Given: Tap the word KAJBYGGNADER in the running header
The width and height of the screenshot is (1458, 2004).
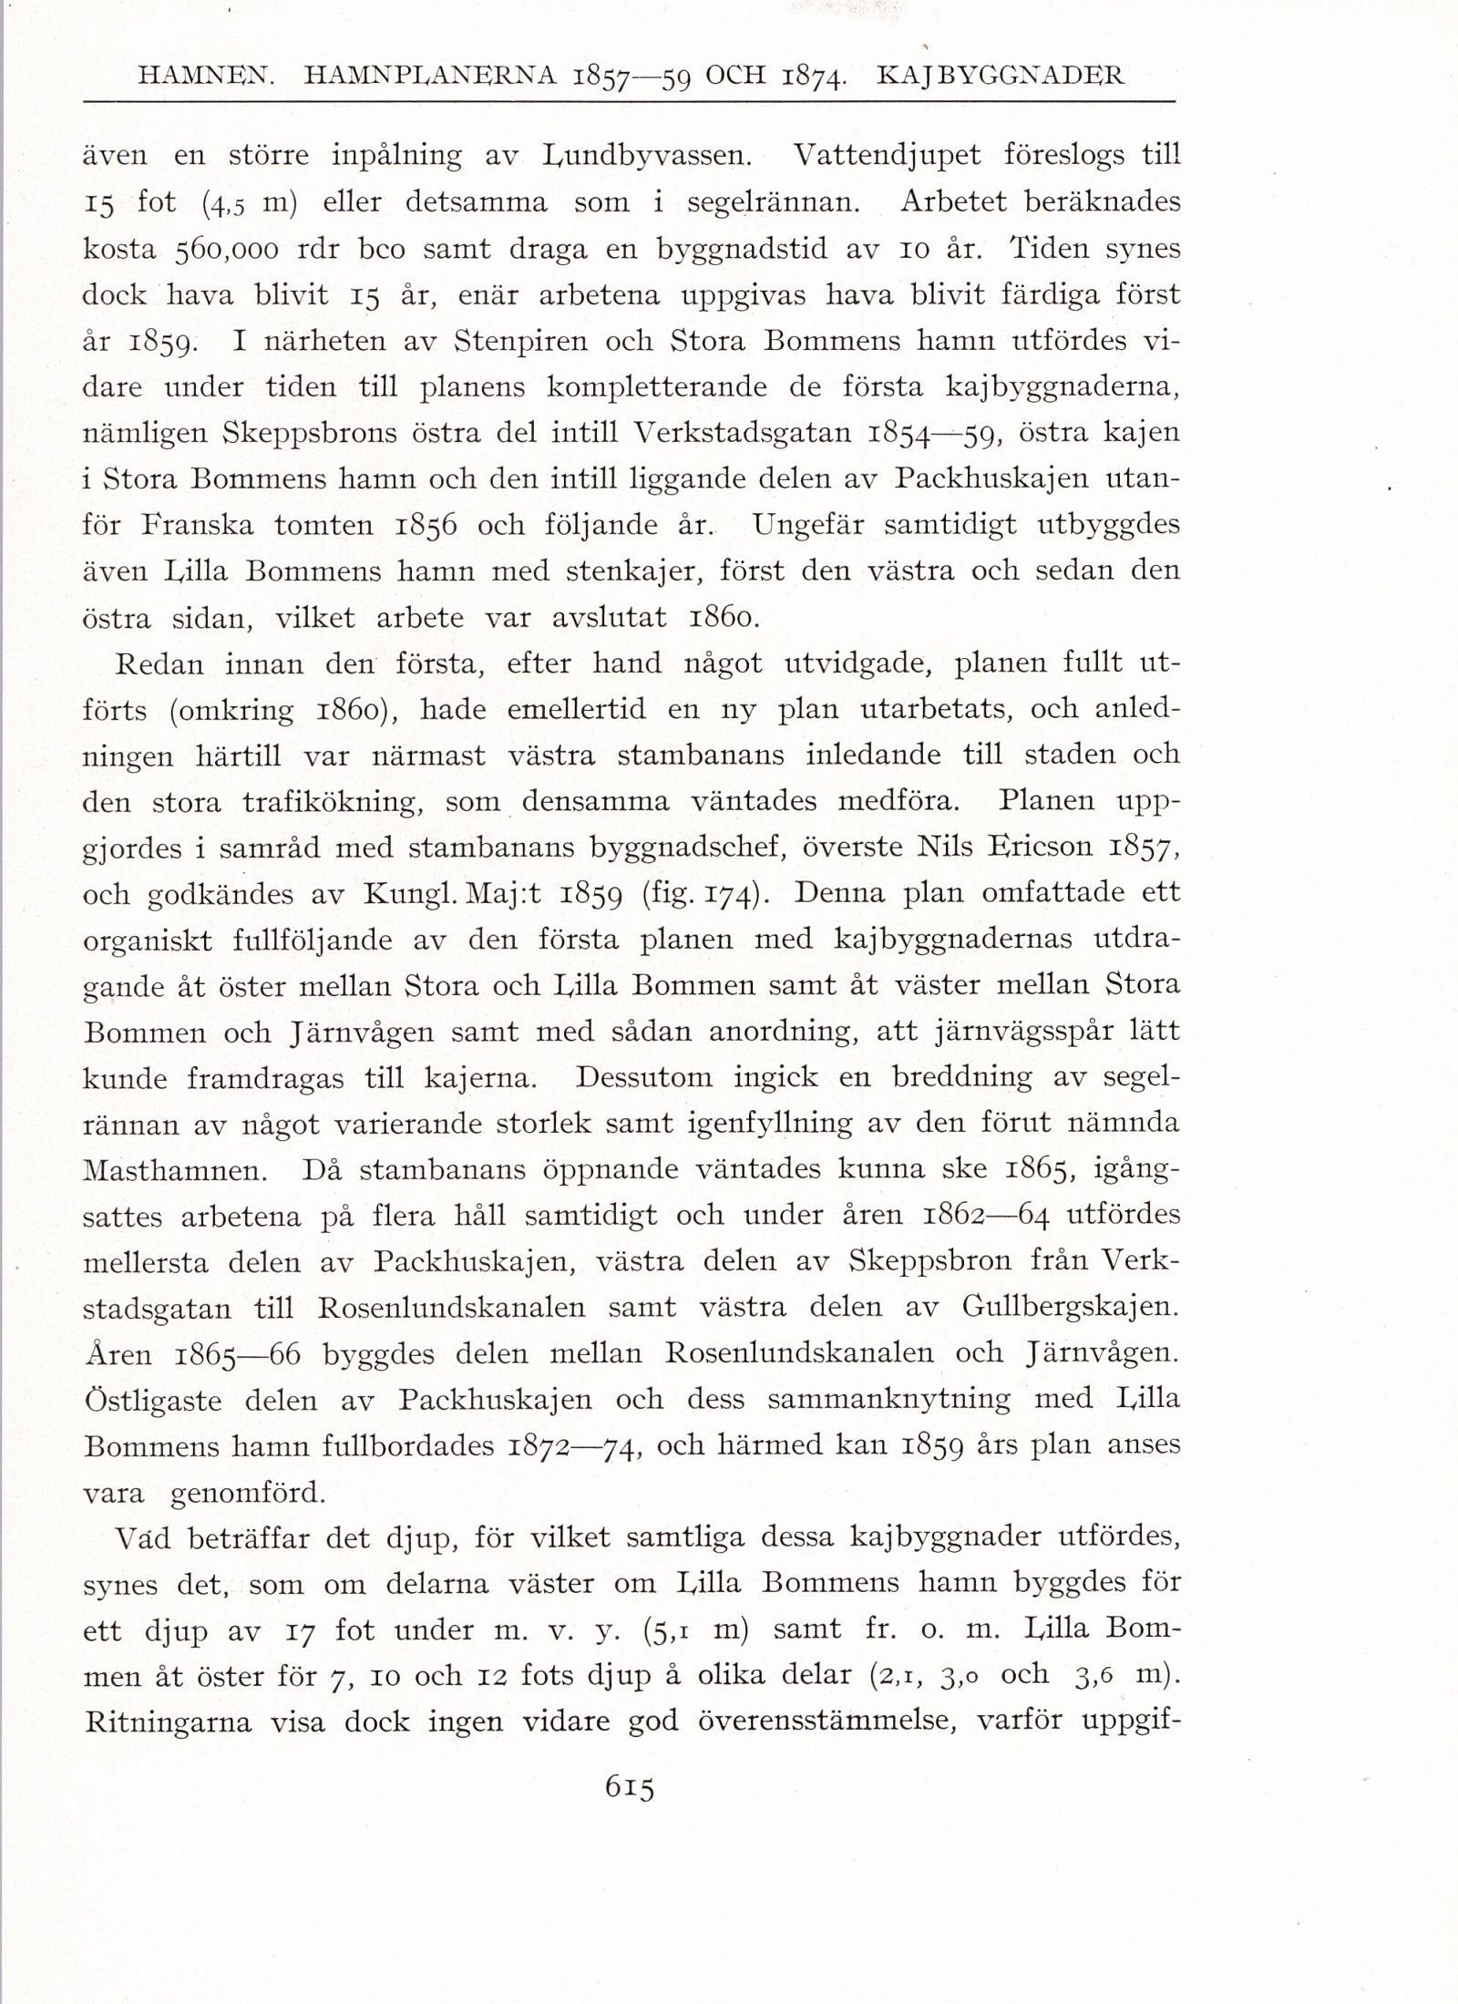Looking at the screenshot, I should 1000,77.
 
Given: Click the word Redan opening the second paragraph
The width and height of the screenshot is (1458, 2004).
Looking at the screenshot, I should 159,664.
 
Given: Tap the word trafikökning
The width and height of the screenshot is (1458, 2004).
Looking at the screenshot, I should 333,803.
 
